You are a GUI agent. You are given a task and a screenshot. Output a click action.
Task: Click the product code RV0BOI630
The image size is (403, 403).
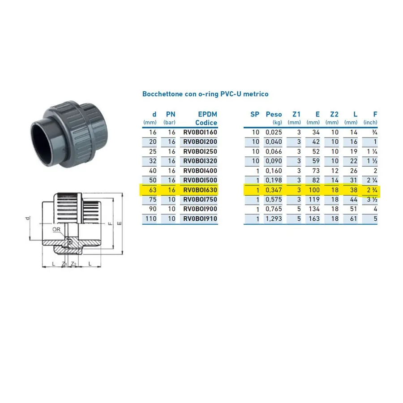(x=200, y=190)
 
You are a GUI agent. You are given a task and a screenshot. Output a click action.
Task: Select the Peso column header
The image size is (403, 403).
(x=274, y=114)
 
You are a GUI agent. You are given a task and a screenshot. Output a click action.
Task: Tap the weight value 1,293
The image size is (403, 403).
(x=274, y=219)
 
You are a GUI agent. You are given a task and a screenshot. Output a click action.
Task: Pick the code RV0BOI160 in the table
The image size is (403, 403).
(x=200, y=133)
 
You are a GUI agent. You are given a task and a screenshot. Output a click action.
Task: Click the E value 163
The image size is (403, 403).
(x=314, y=219)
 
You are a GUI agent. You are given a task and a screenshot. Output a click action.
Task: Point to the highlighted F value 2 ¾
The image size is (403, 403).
(x=372, y=190)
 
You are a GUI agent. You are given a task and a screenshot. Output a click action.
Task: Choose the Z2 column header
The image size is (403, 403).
(x=334, y=114)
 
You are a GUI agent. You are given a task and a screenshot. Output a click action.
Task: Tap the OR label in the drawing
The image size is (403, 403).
(x=56, y=229)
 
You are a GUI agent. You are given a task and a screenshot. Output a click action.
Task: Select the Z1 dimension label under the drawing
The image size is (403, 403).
(x=64, y=264)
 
